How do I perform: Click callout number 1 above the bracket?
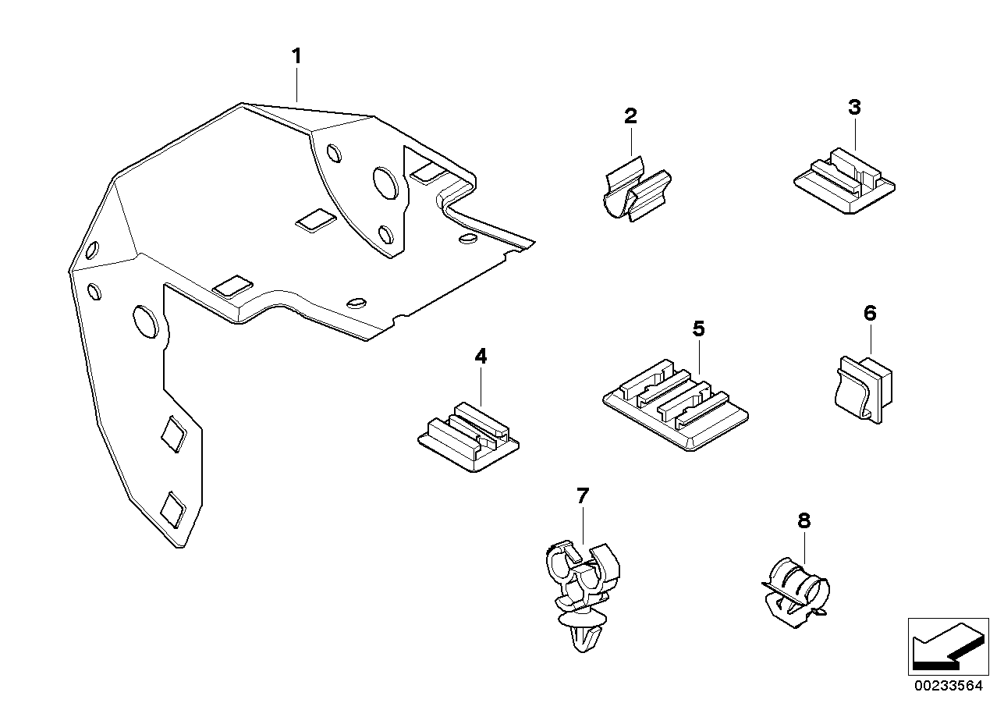[x=296, y=56]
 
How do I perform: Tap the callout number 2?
[x=630, y=116]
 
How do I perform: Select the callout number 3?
[x=854, y=107]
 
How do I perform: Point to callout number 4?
[x=481, y=357]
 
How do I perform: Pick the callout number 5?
[x=698, y=328]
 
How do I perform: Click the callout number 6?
[x=870, y=314]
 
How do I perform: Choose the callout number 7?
[x=583, y=495]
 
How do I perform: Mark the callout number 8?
[x=804, y=520]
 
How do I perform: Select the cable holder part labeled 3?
[x=844, y=183]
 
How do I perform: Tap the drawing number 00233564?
[x=947, y=687]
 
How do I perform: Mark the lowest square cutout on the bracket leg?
[x=173, y=509]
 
